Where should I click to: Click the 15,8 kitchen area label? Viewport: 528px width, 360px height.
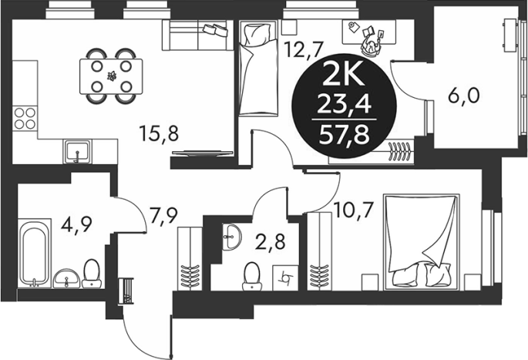(158, 133)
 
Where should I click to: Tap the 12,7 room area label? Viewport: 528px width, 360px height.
(304, 49)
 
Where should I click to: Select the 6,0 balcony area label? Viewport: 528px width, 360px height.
(463, 96)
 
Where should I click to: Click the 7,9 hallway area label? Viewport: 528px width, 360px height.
(163, 216)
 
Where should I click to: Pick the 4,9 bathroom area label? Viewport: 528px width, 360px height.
(76, 224)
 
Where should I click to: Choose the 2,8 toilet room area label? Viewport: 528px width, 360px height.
(270, 242)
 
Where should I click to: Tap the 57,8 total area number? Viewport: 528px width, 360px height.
(345, 136)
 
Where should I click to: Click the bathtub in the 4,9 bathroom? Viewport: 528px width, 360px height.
(34, 254)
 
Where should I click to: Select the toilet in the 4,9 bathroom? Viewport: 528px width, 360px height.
(91, 274)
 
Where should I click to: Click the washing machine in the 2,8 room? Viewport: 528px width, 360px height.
(285, 278)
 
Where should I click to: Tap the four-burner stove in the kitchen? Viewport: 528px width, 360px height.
(25, 118)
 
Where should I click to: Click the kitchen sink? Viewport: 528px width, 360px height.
(77, 152)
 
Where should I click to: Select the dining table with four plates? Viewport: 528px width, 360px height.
(111, 76)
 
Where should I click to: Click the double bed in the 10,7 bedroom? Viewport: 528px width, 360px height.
(422, 242)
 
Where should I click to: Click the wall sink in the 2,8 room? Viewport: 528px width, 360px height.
(232, 237)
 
